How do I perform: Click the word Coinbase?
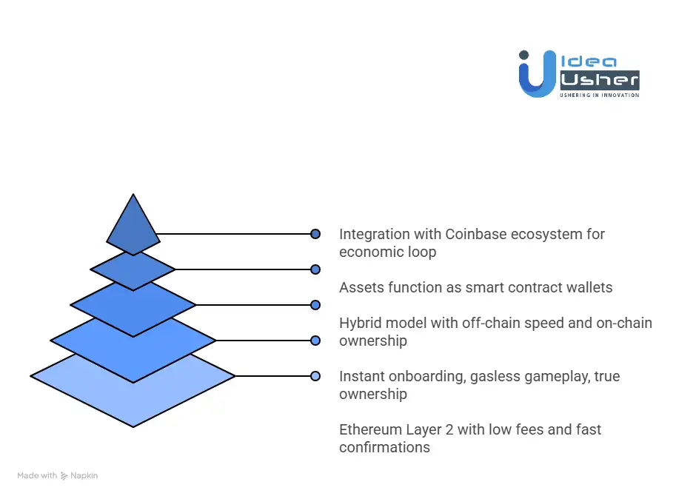click(476, 235)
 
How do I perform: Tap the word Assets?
click(361, 287)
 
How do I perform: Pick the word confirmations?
click(384, 447)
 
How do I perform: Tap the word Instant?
click(363, 376)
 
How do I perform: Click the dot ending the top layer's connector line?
click(315, 234)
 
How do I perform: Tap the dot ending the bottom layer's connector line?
click(315, 376)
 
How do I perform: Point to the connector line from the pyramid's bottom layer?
click(274, 376)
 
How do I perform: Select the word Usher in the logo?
click(600, 80)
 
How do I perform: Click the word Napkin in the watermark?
click(84, 475)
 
